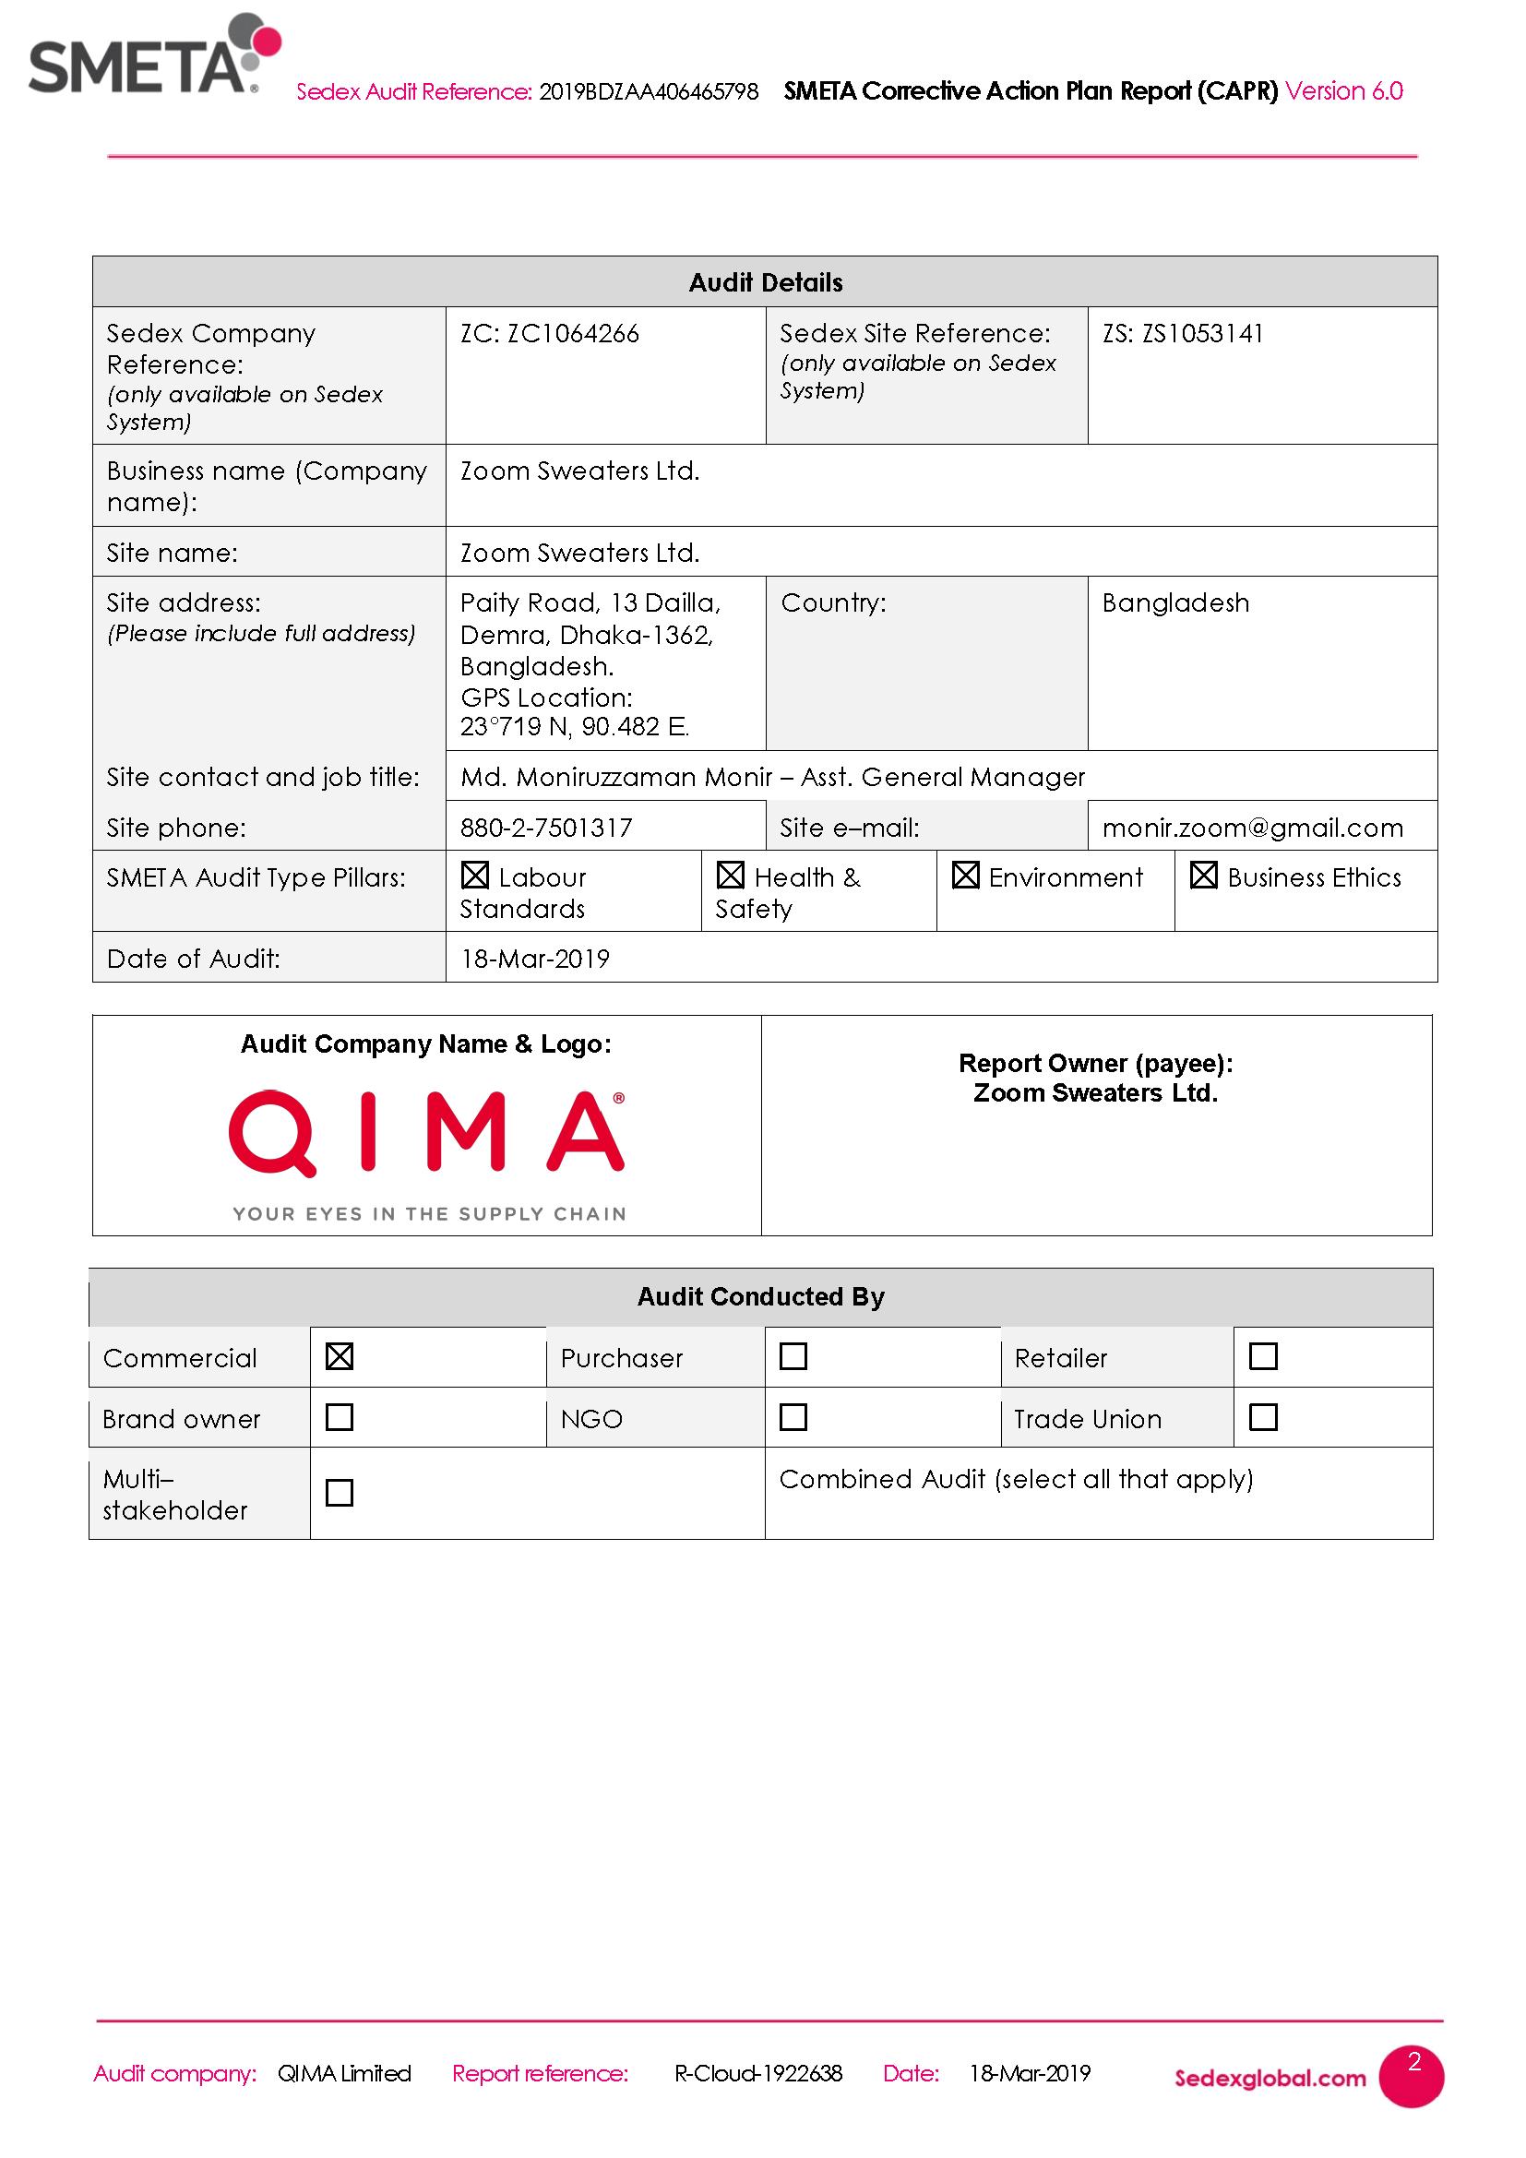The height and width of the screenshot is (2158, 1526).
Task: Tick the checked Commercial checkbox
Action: click(340, 1356)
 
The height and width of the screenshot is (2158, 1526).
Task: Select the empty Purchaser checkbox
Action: click(793, 1356)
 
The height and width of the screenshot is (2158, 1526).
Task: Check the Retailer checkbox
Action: click(1263, 1356)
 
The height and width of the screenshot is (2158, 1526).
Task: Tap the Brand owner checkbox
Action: click(340, 1417)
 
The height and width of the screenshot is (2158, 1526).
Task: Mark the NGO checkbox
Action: click(793, 1417)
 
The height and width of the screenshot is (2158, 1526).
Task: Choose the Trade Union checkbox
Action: click(1263, 1417)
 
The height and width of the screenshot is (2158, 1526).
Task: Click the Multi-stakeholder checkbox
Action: click(340, 1493)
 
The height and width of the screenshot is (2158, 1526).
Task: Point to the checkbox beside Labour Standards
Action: click(475, 876)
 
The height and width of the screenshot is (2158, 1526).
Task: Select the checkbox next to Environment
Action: click(965, 876)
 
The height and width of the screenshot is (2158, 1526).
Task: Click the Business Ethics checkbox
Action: click(1204, 876)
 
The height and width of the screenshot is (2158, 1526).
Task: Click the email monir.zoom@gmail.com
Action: click(1253, 828)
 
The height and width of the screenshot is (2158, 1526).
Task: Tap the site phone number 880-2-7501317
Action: click(546, 828)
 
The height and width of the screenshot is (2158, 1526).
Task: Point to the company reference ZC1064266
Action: click(572, 334)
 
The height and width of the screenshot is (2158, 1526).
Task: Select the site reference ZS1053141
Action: click(1202, 334)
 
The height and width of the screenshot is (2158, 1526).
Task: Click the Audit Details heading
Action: click(765, 283)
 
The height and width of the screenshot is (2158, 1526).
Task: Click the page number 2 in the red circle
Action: click(1413, 2063)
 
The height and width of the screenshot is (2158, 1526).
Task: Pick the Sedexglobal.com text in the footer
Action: click(1270, 2078)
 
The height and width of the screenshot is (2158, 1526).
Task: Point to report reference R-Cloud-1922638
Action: click(757, 2073)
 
